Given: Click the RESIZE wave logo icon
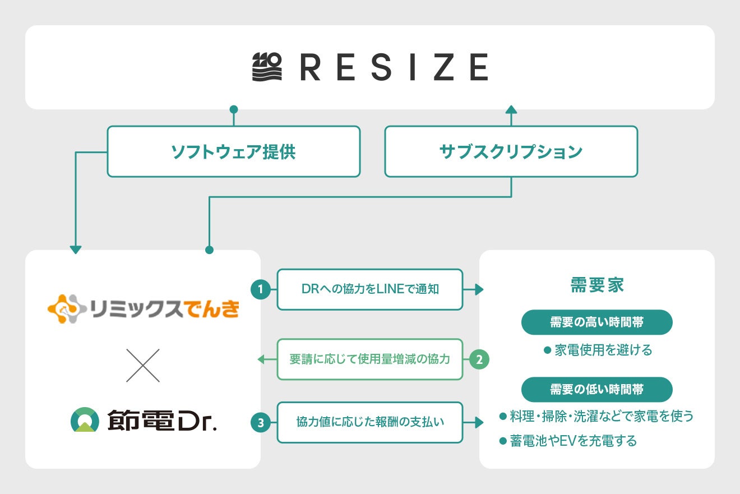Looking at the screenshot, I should pos(267,67).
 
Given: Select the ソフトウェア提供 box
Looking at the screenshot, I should pos(233,151).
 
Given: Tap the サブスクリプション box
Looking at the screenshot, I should pos(511,151).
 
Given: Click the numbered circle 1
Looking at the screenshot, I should pos(260,289).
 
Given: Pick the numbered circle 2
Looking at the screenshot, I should pos(479,359).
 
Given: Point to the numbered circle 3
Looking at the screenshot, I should pos(260,423).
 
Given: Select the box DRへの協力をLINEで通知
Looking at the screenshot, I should pos(370,289).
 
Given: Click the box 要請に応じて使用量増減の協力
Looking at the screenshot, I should pos(370,359).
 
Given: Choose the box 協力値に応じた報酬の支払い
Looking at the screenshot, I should pos(370,423).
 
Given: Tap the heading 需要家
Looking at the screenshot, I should pos(597,285).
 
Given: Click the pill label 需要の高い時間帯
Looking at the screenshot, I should pos(596,322).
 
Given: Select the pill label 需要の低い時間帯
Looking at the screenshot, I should pos(596,389).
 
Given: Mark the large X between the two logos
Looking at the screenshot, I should pos(143,366).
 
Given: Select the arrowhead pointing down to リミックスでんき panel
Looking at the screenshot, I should pos(76,250).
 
